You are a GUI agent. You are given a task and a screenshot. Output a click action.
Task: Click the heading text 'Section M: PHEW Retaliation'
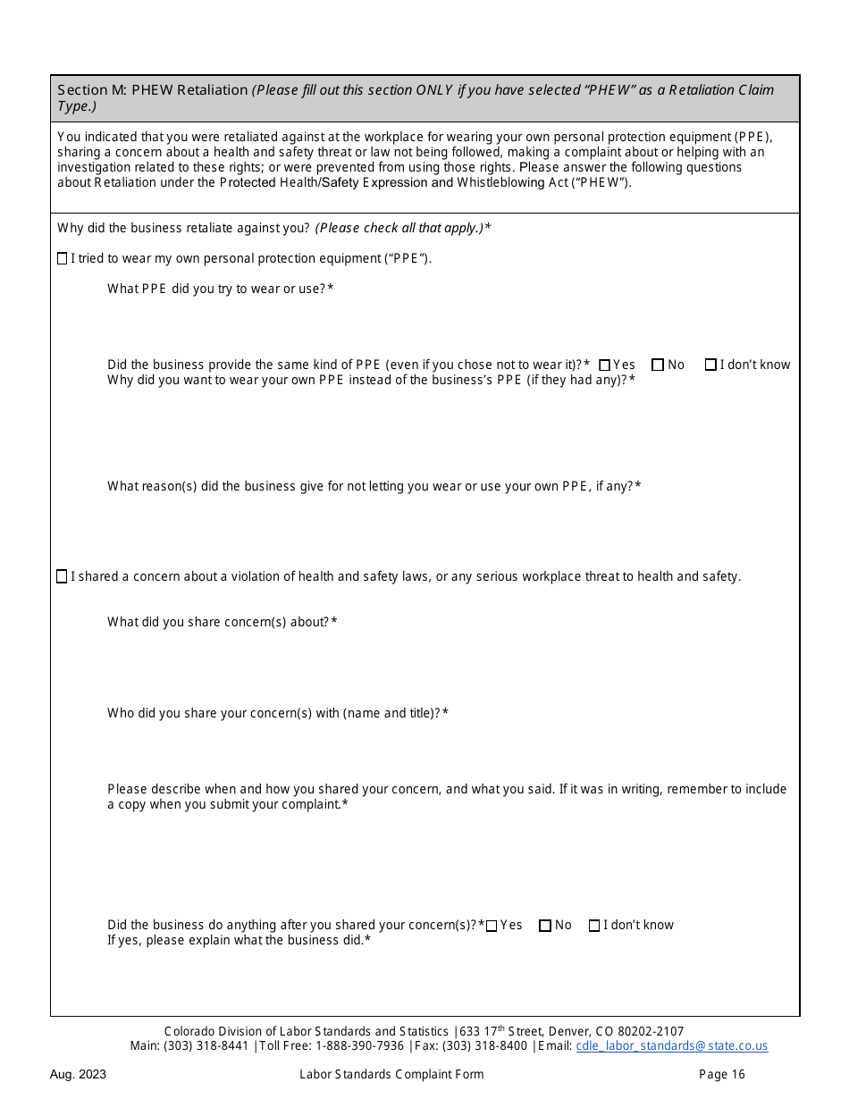pos(153,90)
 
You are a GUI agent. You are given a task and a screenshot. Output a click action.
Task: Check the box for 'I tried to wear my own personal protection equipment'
pos(62,259)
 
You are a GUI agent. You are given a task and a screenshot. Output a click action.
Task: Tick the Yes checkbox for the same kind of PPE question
pos(604,365)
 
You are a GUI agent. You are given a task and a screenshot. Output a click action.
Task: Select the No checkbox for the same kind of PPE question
pos(658,365)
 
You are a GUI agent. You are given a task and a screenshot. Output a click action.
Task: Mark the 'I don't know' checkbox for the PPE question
pos(710,365)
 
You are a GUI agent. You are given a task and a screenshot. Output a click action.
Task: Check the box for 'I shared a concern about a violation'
pos(62,577)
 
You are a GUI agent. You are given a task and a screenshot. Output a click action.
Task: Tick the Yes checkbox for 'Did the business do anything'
pos(492,926)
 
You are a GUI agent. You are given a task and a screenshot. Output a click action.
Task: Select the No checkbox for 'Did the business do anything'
pos(545,926)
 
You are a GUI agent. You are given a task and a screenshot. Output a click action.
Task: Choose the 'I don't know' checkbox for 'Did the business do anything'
pos(594,926)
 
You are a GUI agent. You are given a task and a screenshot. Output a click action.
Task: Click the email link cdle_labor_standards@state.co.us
pos(671,1046)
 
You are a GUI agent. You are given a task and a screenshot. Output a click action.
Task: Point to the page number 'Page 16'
pos(721,1075)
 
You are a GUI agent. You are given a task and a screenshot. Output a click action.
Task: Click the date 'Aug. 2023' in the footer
pos(78,1075)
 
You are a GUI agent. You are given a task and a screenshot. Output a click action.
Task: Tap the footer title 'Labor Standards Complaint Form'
pos(391,1075)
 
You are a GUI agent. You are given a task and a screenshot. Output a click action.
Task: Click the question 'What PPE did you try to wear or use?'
pos(220,289)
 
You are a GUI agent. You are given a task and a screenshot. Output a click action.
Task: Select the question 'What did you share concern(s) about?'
pos(222,623)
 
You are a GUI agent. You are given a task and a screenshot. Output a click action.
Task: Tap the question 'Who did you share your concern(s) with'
pos(277,714)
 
